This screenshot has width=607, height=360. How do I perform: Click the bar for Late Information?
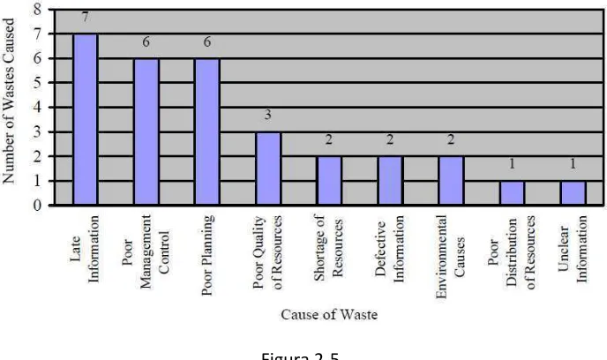(x=86, y=119)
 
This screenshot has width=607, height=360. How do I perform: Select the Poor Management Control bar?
(x=146, y=131)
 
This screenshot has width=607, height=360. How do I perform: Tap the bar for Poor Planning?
(x=207, y=131)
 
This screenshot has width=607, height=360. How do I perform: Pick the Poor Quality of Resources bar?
(x=268, y=169)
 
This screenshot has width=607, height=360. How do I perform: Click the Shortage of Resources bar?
(x=329, y=181)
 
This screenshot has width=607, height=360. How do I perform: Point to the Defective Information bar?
(x=390, y=181)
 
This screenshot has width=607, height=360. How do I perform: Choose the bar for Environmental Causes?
(x=451, y=181)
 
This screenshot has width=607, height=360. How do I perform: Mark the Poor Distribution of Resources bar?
(x=512, y=192)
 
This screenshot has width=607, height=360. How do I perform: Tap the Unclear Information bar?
(x=573, y=192)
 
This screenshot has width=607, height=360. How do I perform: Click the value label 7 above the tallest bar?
(x=86, y=18)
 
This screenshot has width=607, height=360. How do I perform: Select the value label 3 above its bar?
(x=268, y=115)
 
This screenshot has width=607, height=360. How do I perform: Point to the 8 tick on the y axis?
(x=38, y=10)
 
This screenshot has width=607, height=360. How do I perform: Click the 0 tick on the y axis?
(x=38, y=206)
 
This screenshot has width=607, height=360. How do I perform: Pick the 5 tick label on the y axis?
(x=38, y=82)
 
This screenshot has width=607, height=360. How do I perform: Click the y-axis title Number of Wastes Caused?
(x=8, y=101)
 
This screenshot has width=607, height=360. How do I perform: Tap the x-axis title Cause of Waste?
(x=329, y=314)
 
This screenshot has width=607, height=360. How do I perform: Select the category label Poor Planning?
(x=207, y=255)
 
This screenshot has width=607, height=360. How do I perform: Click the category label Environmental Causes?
(x=450, y=257)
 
